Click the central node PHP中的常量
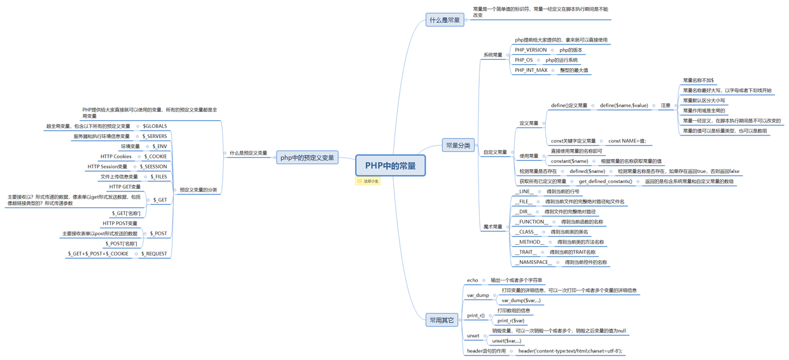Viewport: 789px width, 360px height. point(390,165)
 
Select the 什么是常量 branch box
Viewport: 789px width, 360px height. point(445,20)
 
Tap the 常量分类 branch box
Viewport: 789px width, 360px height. point(458,146)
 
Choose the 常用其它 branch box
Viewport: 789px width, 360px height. point(442,320)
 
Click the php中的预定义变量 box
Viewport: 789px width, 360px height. point(307,158)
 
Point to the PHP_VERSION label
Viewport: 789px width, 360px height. point(531,50)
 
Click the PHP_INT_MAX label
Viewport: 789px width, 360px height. point(531,71)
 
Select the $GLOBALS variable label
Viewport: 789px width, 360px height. point(155,127)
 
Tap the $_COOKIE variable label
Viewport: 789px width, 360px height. point(155,156)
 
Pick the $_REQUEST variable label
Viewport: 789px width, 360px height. point(154,254)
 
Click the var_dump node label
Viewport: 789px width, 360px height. point(478,295)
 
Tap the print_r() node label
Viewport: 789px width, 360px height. point(475,315)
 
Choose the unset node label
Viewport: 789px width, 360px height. point(473,336)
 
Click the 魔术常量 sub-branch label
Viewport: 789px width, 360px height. point(492,227)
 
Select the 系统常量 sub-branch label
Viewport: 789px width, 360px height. point(492,55)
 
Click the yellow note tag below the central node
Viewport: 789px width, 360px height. point(368,181)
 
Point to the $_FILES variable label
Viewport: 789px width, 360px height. point(158,177)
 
